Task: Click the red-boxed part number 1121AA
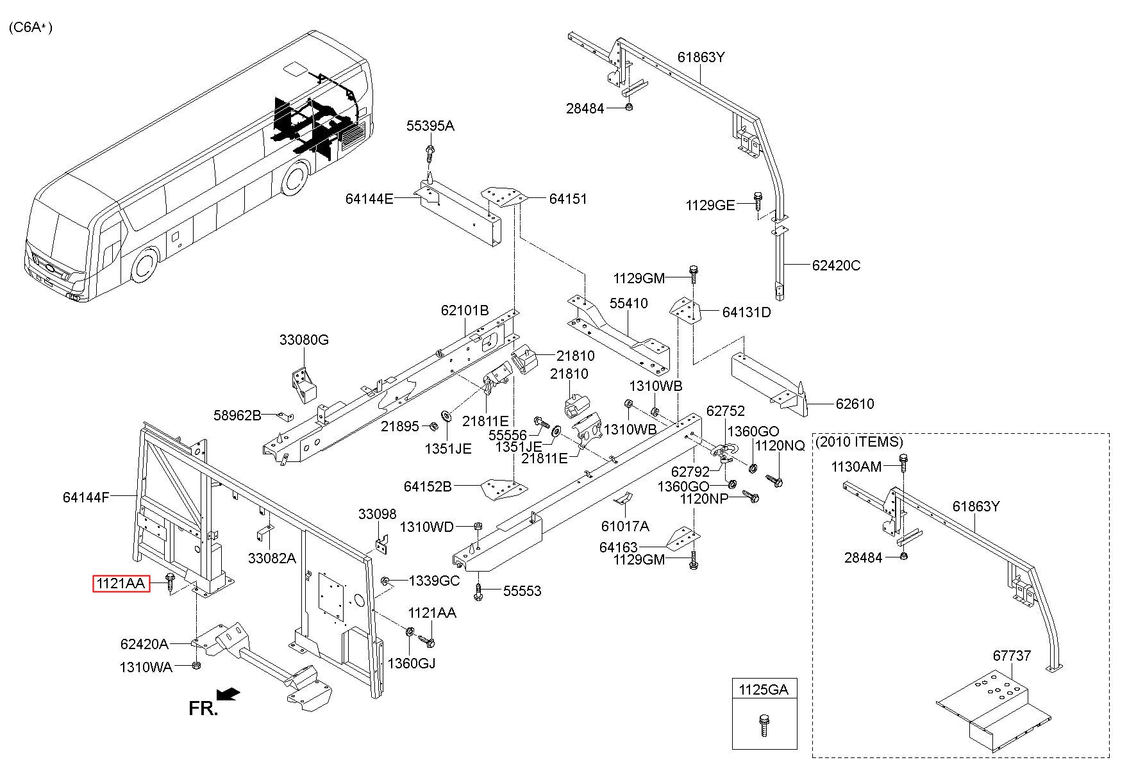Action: tap(121, 584)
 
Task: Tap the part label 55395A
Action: tap(430, 126)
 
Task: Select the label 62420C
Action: tap(836, 265)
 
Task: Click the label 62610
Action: tap(855, 404)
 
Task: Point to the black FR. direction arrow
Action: tap(229, 694)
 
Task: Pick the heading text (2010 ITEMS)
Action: tap(859, 442)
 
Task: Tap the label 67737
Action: tap(1012, 656)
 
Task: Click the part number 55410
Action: tap(628, 303)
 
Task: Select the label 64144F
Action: tap(87, 497)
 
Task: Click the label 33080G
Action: tap(304, 340)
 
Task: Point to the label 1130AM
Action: tap(856, 466)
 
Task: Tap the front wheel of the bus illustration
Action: tap(145, 266)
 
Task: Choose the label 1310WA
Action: tap(146, 667)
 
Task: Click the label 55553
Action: tap(522, 591)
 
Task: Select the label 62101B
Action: tap(465, 310)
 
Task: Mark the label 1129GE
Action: tap(710, 205)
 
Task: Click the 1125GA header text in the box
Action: tap(764, 689)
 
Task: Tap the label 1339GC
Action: tap(434, 581)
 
